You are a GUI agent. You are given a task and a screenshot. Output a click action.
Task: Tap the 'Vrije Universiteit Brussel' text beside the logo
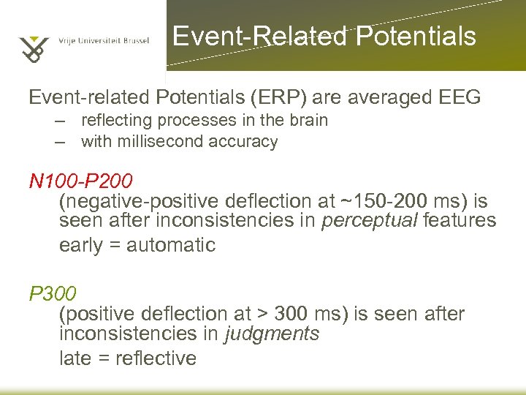(104, 41)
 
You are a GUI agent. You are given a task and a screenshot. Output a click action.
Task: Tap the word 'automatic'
(171, 245)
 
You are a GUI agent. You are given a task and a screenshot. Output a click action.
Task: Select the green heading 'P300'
(52, 294)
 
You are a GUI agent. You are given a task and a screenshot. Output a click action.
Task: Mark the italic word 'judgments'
(272, 334)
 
